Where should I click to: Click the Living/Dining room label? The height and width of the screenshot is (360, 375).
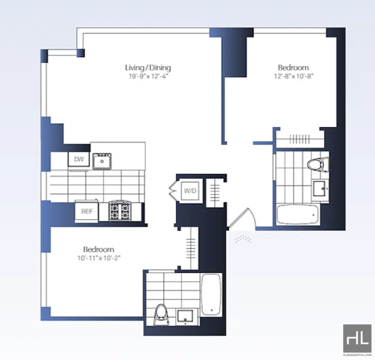(148, 68)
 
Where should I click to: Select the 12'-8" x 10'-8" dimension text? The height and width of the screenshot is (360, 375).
(293, 76)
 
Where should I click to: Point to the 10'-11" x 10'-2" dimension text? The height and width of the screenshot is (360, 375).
(99, 258)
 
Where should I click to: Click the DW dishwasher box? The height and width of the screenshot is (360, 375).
(79, 159)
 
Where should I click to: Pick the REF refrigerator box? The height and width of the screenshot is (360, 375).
(87, 212)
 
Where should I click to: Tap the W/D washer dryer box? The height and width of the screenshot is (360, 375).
(190, 191)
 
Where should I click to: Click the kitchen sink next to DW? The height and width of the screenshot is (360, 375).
(102, 161)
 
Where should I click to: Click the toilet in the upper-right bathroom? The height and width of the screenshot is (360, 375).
(318, 165)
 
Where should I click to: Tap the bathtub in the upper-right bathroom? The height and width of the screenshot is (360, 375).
(297, 214)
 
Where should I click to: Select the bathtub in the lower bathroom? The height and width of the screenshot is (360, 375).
(211, 294)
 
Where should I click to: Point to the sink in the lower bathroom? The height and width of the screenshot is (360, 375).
(185, 317)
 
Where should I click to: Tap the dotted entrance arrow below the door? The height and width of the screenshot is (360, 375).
(243, 239)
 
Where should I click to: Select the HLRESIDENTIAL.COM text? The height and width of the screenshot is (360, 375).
(357, 355)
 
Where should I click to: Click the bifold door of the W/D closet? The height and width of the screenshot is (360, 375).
(172, 191)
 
